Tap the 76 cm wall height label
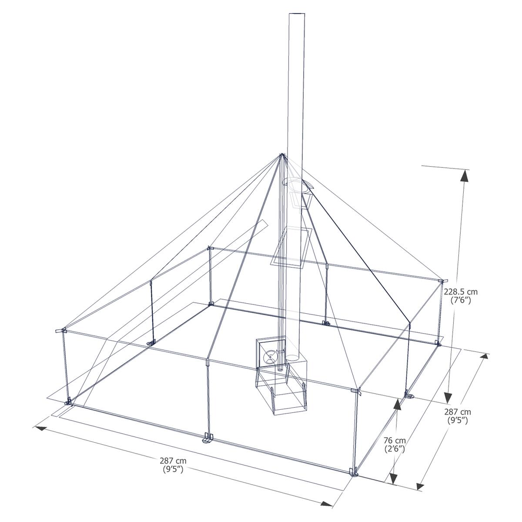click(395, 440)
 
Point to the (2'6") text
click(395, 449)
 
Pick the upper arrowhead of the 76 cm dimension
click(397, 405)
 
